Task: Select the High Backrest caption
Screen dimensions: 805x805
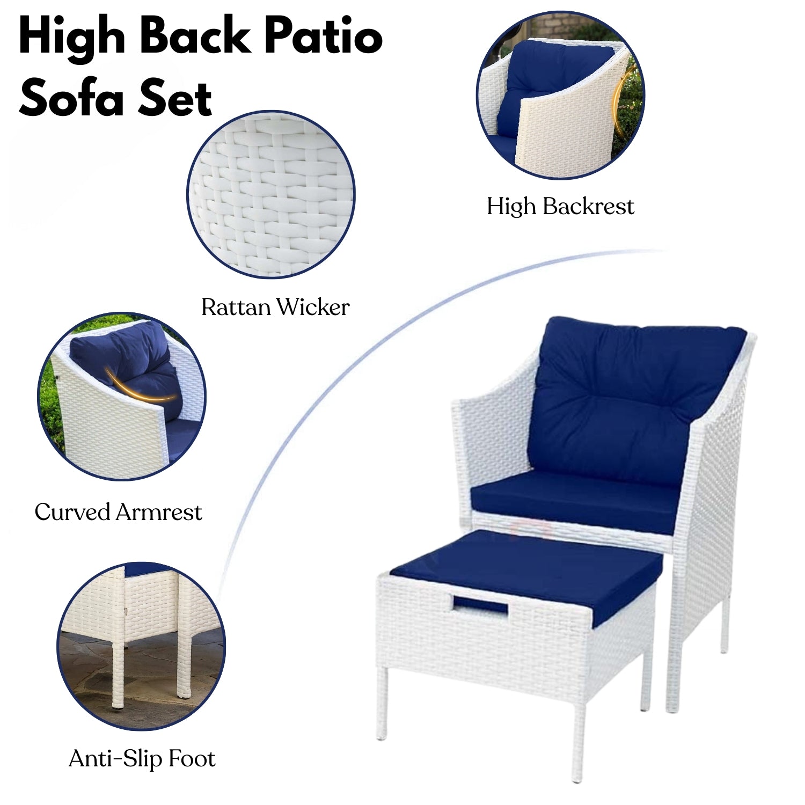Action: point(560,207)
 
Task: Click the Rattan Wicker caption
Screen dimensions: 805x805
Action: point(275,308)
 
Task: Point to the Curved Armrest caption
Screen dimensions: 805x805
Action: point(119,512)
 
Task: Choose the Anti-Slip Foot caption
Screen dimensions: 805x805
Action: point(142,759)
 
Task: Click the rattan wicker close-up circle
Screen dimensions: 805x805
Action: point(271,194)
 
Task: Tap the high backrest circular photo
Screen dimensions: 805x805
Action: point(560,96)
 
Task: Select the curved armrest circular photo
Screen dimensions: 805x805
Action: point(122,397)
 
